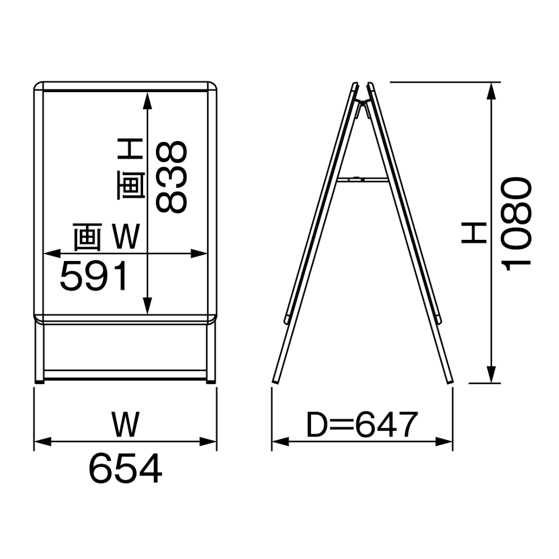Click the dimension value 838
click(172, 177)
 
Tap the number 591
click(94, 276)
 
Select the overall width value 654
click(125, 468)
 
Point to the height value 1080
click(517, 224)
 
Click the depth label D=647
click(362, 425)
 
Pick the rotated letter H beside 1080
click(474, 233)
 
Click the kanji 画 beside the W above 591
click(88, 236)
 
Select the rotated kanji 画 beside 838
click(131, 184)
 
